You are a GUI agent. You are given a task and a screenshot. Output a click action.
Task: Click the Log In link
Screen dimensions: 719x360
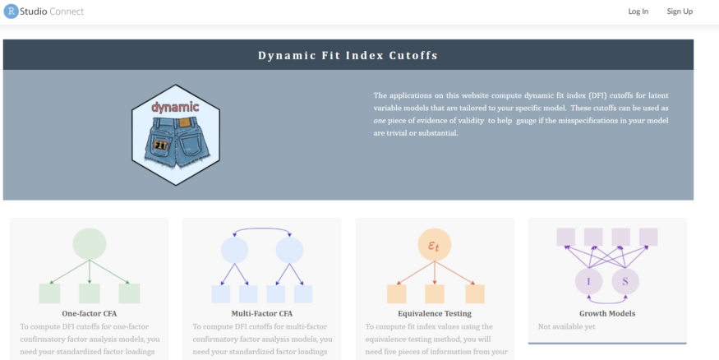[x=638, y=12]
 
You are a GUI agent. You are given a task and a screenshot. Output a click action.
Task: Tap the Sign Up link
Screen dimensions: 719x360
[x=680, y=12]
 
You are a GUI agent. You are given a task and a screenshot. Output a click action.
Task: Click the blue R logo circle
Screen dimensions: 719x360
[x=11, y=12]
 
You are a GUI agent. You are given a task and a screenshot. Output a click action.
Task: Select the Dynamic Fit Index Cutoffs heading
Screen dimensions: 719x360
[x=348, y=56]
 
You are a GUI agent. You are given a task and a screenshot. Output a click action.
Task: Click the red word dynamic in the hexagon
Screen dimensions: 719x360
[x=175, y=108]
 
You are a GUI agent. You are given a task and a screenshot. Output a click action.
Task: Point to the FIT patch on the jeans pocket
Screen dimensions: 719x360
[x=160, y=145]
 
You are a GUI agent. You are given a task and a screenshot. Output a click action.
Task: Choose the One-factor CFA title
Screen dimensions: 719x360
[x=90, y=314]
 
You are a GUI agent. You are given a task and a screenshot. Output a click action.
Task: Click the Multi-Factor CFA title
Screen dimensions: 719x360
[x=262, y=314]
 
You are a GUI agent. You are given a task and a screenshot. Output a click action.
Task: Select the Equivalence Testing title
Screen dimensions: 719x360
[x=435, y=314]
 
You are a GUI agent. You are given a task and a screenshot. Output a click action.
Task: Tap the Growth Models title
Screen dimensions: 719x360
[x=607, y=314]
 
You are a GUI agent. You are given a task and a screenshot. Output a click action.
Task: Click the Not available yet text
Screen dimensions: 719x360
[x=567, y=326]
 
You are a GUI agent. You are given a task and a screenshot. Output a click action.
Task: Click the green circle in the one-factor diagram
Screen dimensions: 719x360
[x=90, y=244]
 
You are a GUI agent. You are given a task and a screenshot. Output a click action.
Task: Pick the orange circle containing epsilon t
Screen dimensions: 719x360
[x=435, y=244]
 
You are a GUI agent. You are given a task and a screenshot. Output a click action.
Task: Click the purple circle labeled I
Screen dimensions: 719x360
[x=589, y=281]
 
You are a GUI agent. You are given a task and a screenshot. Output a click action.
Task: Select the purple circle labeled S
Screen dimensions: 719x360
[x=625, y=281]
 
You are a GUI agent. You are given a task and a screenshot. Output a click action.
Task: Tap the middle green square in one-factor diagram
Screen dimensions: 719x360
[x=90, y=293]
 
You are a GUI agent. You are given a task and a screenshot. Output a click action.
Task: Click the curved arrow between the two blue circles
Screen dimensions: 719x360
[x=262, y=228]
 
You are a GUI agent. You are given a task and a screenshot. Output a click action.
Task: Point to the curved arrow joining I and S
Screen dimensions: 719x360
[x=607, y=302]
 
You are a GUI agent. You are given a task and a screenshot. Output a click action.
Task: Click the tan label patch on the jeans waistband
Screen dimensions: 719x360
[x=184, y=122]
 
